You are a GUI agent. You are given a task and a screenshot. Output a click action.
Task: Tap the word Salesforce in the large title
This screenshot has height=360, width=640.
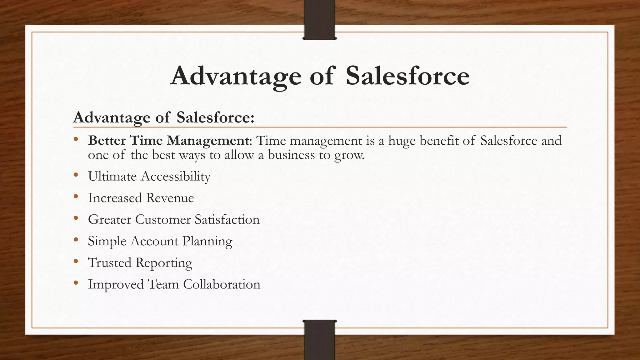pos(407,76)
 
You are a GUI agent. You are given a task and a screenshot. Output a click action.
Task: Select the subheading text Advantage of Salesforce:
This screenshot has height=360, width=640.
pos(164,117)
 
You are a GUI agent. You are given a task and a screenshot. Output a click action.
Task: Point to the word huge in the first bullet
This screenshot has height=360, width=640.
pos(402,141)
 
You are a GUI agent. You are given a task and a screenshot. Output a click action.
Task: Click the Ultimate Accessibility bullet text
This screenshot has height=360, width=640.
pos(149,177)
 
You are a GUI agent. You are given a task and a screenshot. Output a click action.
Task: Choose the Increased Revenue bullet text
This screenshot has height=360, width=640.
pos(141,198)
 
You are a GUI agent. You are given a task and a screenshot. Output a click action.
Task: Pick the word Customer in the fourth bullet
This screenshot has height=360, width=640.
pos(162,219)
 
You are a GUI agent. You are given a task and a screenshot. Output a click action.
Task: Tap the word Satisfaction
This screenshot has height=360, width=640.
pos(227,219)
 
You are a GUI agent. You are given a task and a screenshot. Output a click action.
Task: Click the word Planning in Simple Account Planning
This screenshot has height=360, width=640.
pos(207,241)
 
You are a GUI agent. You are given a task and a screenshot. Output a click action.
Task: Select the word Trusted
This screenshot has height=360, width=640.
pos(110,263)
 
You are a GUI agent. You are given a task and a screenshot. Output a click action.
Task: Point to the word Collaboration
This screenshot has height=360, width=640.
pos(222,284)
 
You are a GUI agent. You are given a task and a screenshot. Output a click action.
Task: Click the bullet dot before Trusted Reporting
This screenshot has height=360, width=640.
pos(76,262)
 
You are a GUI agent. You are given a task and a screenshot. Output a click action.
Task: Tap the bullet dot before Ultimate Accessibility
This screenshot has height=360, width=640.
pos(76,175)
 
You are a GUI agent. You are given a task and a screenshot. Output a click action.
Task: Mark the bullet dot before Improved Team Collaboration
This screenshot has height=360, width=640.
pos(76,283)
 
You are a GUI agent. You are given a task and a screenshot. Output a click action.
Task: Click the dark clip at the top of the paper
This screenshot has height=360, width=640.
pos(319,19)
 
